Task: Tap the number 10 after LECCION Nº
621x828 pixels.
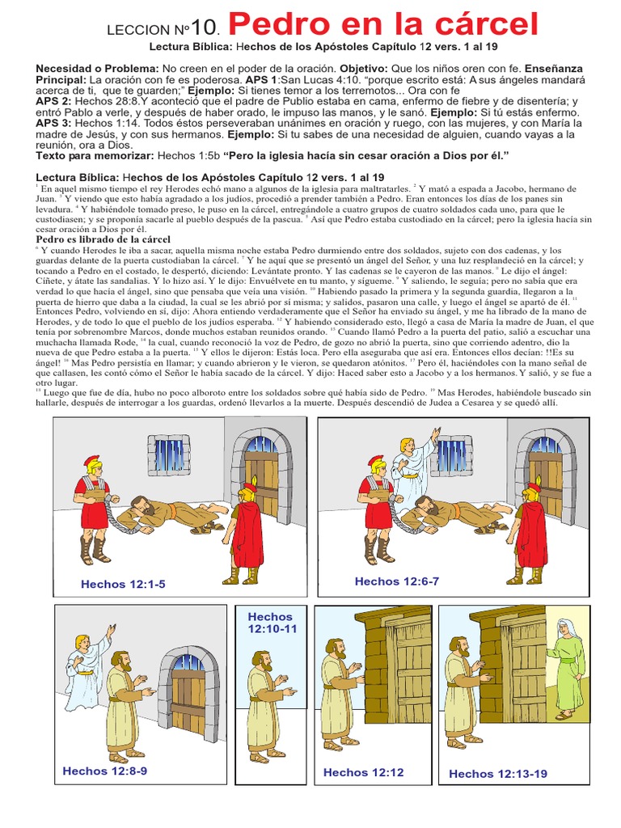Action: click(x=202, y=27)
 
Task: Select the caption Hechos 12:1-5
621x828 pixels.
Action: click(x=123, y=584)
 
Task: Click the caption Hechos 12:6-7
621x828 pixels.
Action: click(x=396, y=581)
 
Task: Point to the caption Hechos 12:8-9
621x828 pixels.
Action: click(x=104, y=771)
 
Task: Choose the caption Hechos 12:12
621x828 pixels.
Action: click(x=363, y=772)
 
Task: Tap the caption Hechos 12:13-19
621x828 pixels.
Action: click(x=498, y=774)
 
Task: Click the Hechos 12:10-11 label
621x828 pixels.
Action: click(x=272, y=623)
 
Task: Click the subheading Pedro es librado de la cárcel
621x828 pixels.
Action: click(x=103, y=239)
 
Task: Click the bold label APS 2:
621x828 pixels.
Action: click(x=54, y=101)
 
